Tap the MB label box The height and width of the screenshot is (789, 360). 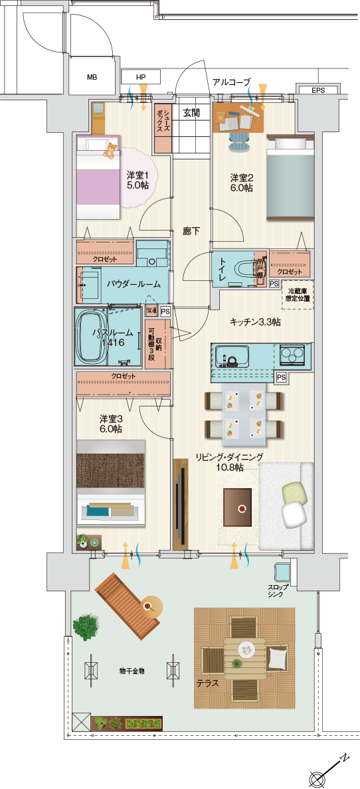92,77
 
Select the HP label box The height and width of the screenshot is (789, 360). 141,77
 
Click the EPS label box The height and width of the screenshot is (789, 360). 317,90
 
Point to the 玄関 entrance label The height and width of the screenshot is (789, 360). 191,113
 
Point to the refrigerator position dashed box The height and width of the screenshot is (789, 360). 299,294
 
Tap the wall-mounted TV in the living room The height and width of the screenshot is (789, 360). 180,503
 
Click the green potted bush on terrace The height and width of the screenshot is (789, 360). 86,626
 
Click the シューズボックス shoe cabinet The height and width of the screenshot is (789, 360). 163,128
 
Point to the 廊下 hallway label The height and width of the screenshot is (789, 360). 191,231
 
